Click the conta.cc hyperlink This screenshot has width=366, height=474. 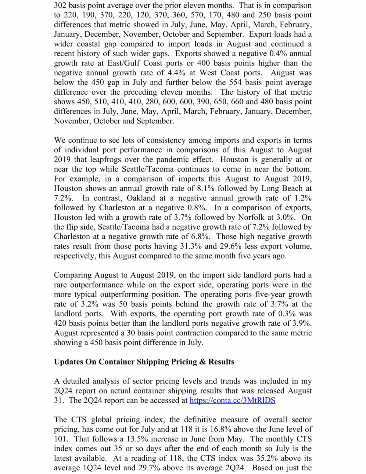pos(232,400)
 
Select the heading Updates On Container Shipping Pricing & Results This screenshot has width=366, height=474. pos(144,362)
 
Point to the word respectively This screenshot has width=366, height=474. pos(75,256)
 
